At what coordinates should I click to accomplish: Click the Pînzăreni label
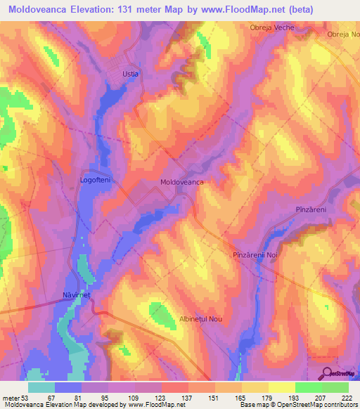(x=309, y=210)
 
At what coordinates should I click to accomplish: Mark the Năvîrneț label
(x=77, y=296)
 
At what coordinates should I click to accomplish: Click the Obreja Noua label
(x=344, y=34)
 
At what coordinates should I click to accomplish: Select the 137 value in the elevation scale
(x=188, y=398)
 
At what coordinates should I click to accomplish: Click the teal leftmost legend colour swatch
(x=41, y=387)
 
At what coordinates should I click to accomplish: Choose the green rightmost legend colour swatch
(x=335, y=387)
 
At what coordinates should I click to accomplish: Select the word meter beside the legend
(x=11, y=398)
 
